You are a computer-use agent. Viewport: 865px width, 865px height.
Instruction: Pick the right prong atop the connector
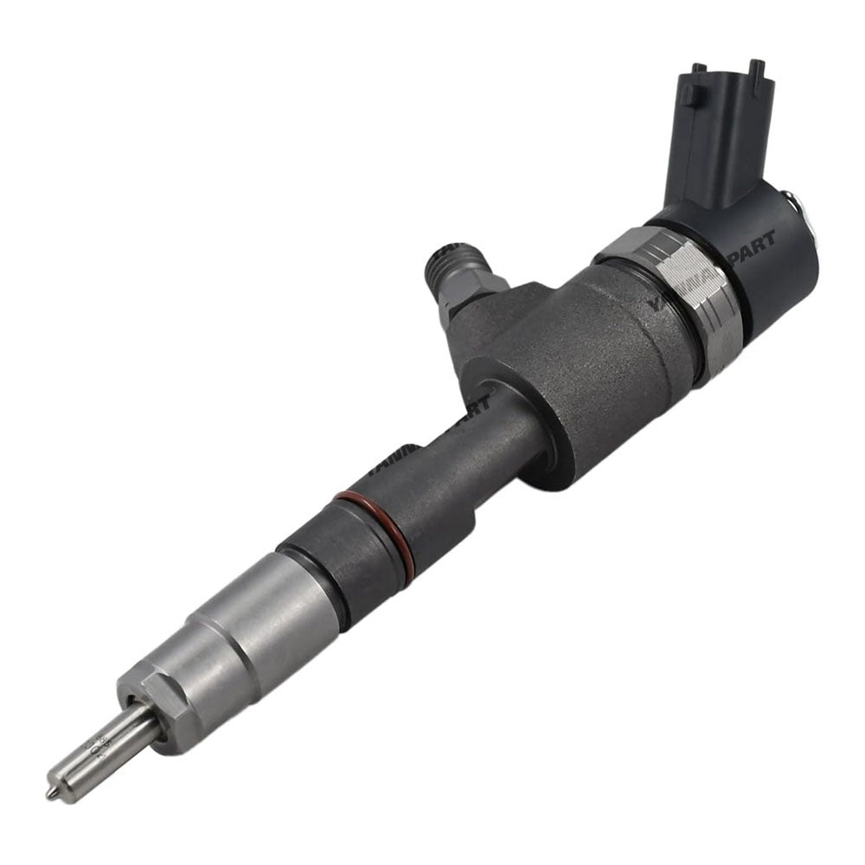pyautogui.click(x=756, y=73)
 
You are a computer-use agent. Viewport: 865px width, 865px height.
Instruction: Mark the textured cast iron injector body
pyautogui.click(x=588, y=363)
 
